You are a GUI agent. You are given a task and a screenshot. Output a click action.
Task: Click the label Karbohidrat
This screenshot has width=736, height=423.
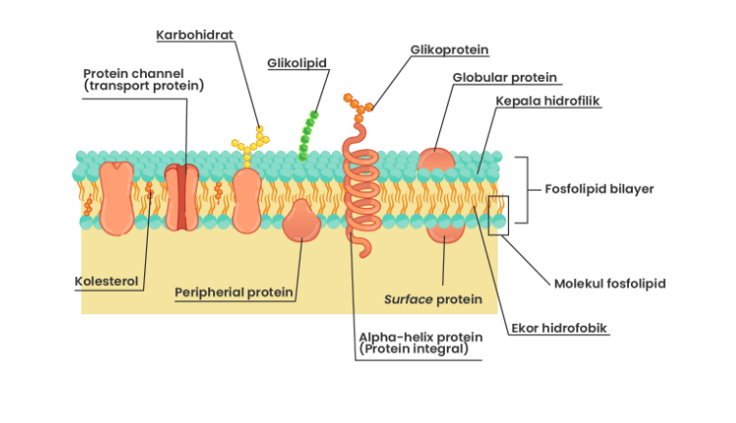click(x=195, y=36)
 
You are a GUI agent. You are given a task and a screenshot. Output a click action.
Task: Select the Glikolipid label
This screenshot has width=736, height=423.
click(x=297, y=63)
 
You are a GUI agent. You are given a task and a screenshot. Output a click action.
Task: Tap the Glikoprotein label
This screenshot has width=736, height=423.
click(x=449, y=50)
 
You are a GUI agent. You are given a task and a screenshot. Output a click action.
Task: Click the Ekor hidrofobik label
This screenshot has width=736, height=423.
click(x=560, y=329)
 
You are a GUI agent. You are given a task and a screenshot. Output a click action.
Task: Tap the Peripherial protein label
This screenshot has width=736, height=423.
click(x=234, y=292)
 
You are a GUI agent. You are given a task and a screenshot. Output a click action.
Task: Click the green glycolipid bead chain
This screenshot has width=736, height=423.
click(x=309, y=136)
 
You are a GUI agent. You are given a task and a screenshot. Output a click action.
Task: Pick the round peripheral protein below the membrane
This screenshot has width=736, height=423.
click(x=302, y=223)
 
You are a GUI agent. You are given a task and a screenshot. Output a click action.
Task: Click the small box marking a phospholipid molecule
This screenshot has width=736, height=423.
click(x=497, y=215)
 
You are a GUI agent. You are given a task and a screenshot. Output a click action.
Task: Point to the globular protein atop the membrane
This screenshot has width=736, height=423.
click(x=435, y=160)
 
